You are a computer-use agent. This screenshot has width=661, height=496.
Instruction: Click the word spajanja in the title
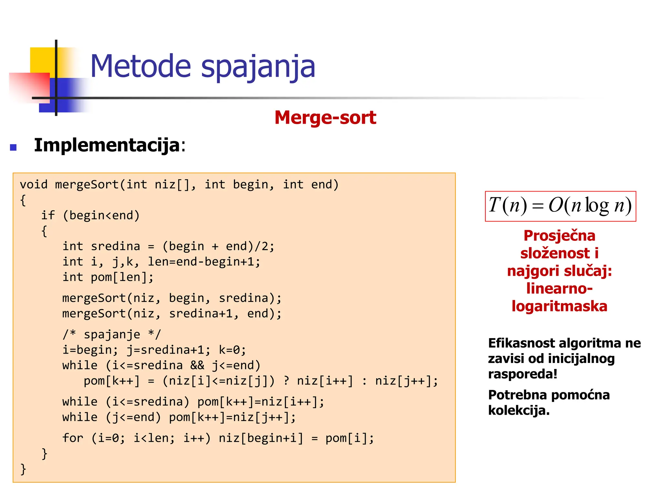tap(258, 67)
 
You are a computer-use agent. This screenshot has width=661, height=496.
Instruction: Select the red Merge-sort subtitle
tap(325, 117)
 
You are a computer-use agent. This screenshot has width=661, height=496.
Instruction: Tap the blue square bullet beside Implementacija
tap(13, 148)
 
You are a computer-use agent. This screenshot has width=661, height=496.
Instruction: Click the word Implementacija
tap(107, 145)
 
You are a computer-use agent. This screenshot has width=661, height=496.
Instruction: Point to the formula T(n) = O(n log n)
tap(560, 206)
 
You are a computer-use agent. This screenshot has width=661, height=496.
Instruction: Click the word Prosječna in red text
tap(559, 236)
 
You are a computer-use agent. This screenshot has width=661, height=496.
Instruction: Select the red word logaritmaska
tap(559, 306)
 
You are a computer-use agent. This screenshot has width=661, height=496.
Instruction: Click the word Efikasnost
tap(521, 343)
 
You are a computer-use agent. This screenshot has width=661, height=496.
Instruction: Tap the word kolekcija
tap(518, 410)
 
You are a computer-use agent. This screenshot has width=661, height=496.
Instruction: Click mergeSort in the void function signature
tap(87, 185)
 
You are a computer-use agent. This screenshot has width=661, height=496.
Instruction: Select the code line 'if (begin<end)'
tap(90, 215)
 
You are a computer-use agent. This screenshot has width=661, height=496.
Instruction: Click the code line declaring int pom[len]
tap(108, 277)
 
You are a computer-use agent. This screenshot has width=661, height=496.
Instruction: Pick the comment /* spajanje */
tap(112, 335)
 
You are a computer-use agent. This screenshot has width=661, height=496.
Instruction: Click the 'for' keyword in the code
tap(73, 438)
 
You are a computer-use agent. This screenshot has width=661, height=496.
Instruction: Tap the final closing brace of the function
tap(23, 469)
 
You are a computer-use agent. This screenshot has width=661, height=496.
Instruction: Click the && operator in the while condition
tap(197, 366)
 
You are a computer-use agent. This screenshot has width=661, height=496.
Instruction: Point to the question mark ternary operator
tap(286, 381)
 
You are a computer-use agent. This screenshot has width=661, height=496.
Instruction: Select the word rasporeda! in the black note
tap(523, 374)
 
